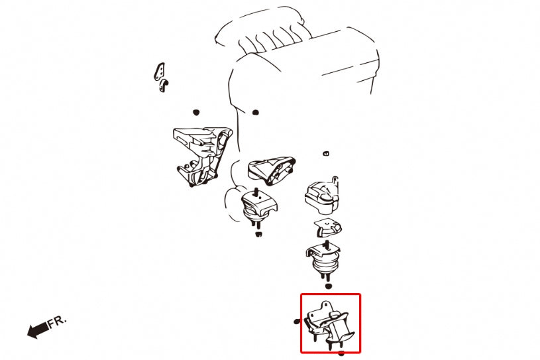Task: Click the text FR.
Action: coord(57,322)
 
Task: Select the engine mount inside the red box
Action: coord(329,324)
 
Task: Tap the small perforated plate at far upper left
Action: coord(159,71)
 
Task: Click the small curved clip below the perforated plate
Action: coord(164,85)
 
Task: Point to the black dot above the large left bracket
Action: coord(196,112)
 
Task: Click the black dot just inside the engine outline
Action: coord(255,112)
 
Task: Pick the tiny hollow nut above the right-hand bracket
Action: coord(326,153)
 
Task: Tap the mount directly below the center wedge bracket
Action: coord(258,207)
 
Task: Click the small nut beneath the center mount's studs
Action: coord(258,234)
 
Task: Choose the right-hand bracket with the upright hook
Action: coord(322,196)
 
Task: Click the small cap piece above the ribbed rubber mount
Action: coord(327,227)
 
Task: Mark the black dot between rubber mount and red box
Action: coord(328,286)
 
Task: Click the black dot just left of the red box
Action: coord(297,322)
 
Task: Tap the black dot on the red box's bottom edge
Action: coord(341,353)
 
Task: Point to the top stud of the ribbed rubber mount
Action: coord(327,245)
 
